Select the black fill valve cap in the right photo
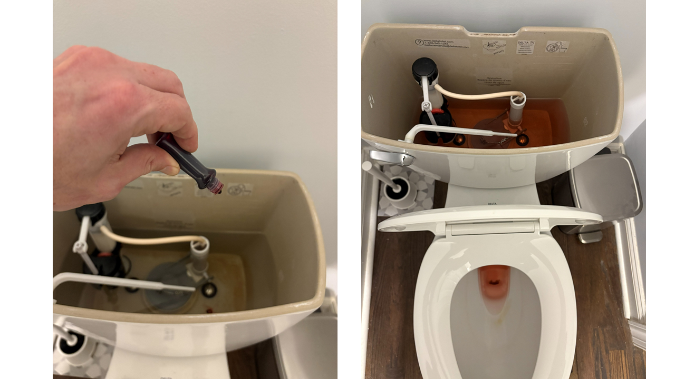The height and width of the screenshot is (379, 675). click(425, 68)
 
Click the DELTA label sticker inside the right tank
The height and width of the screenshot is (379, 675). click(525, 47)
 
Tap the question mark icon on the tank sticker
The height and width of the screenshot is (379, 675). click(420, 42)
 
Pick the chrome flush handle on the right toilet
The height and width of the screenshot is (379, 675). click(391, 157)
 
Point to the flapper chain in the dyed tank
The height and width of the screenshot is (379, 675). click(496, 141)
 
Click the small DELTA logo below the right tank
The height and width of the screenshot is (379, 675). click(492, 204)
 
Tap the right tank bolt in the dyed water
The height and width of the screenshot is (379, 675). click(522, 139)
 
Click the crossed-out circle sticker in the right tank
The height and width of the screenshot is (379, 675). click(557, 47)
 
